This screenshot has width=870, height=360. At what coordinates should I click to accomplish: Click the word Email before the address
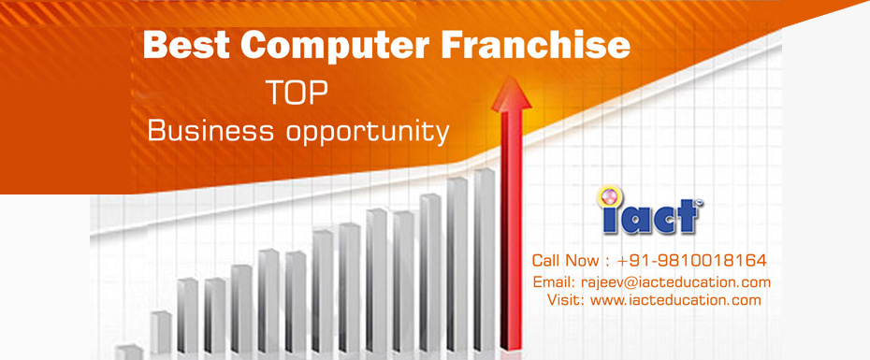coord(550,282)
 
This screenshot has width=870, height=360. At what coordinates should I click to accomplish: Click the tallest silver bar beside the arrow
coord(484,262)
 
